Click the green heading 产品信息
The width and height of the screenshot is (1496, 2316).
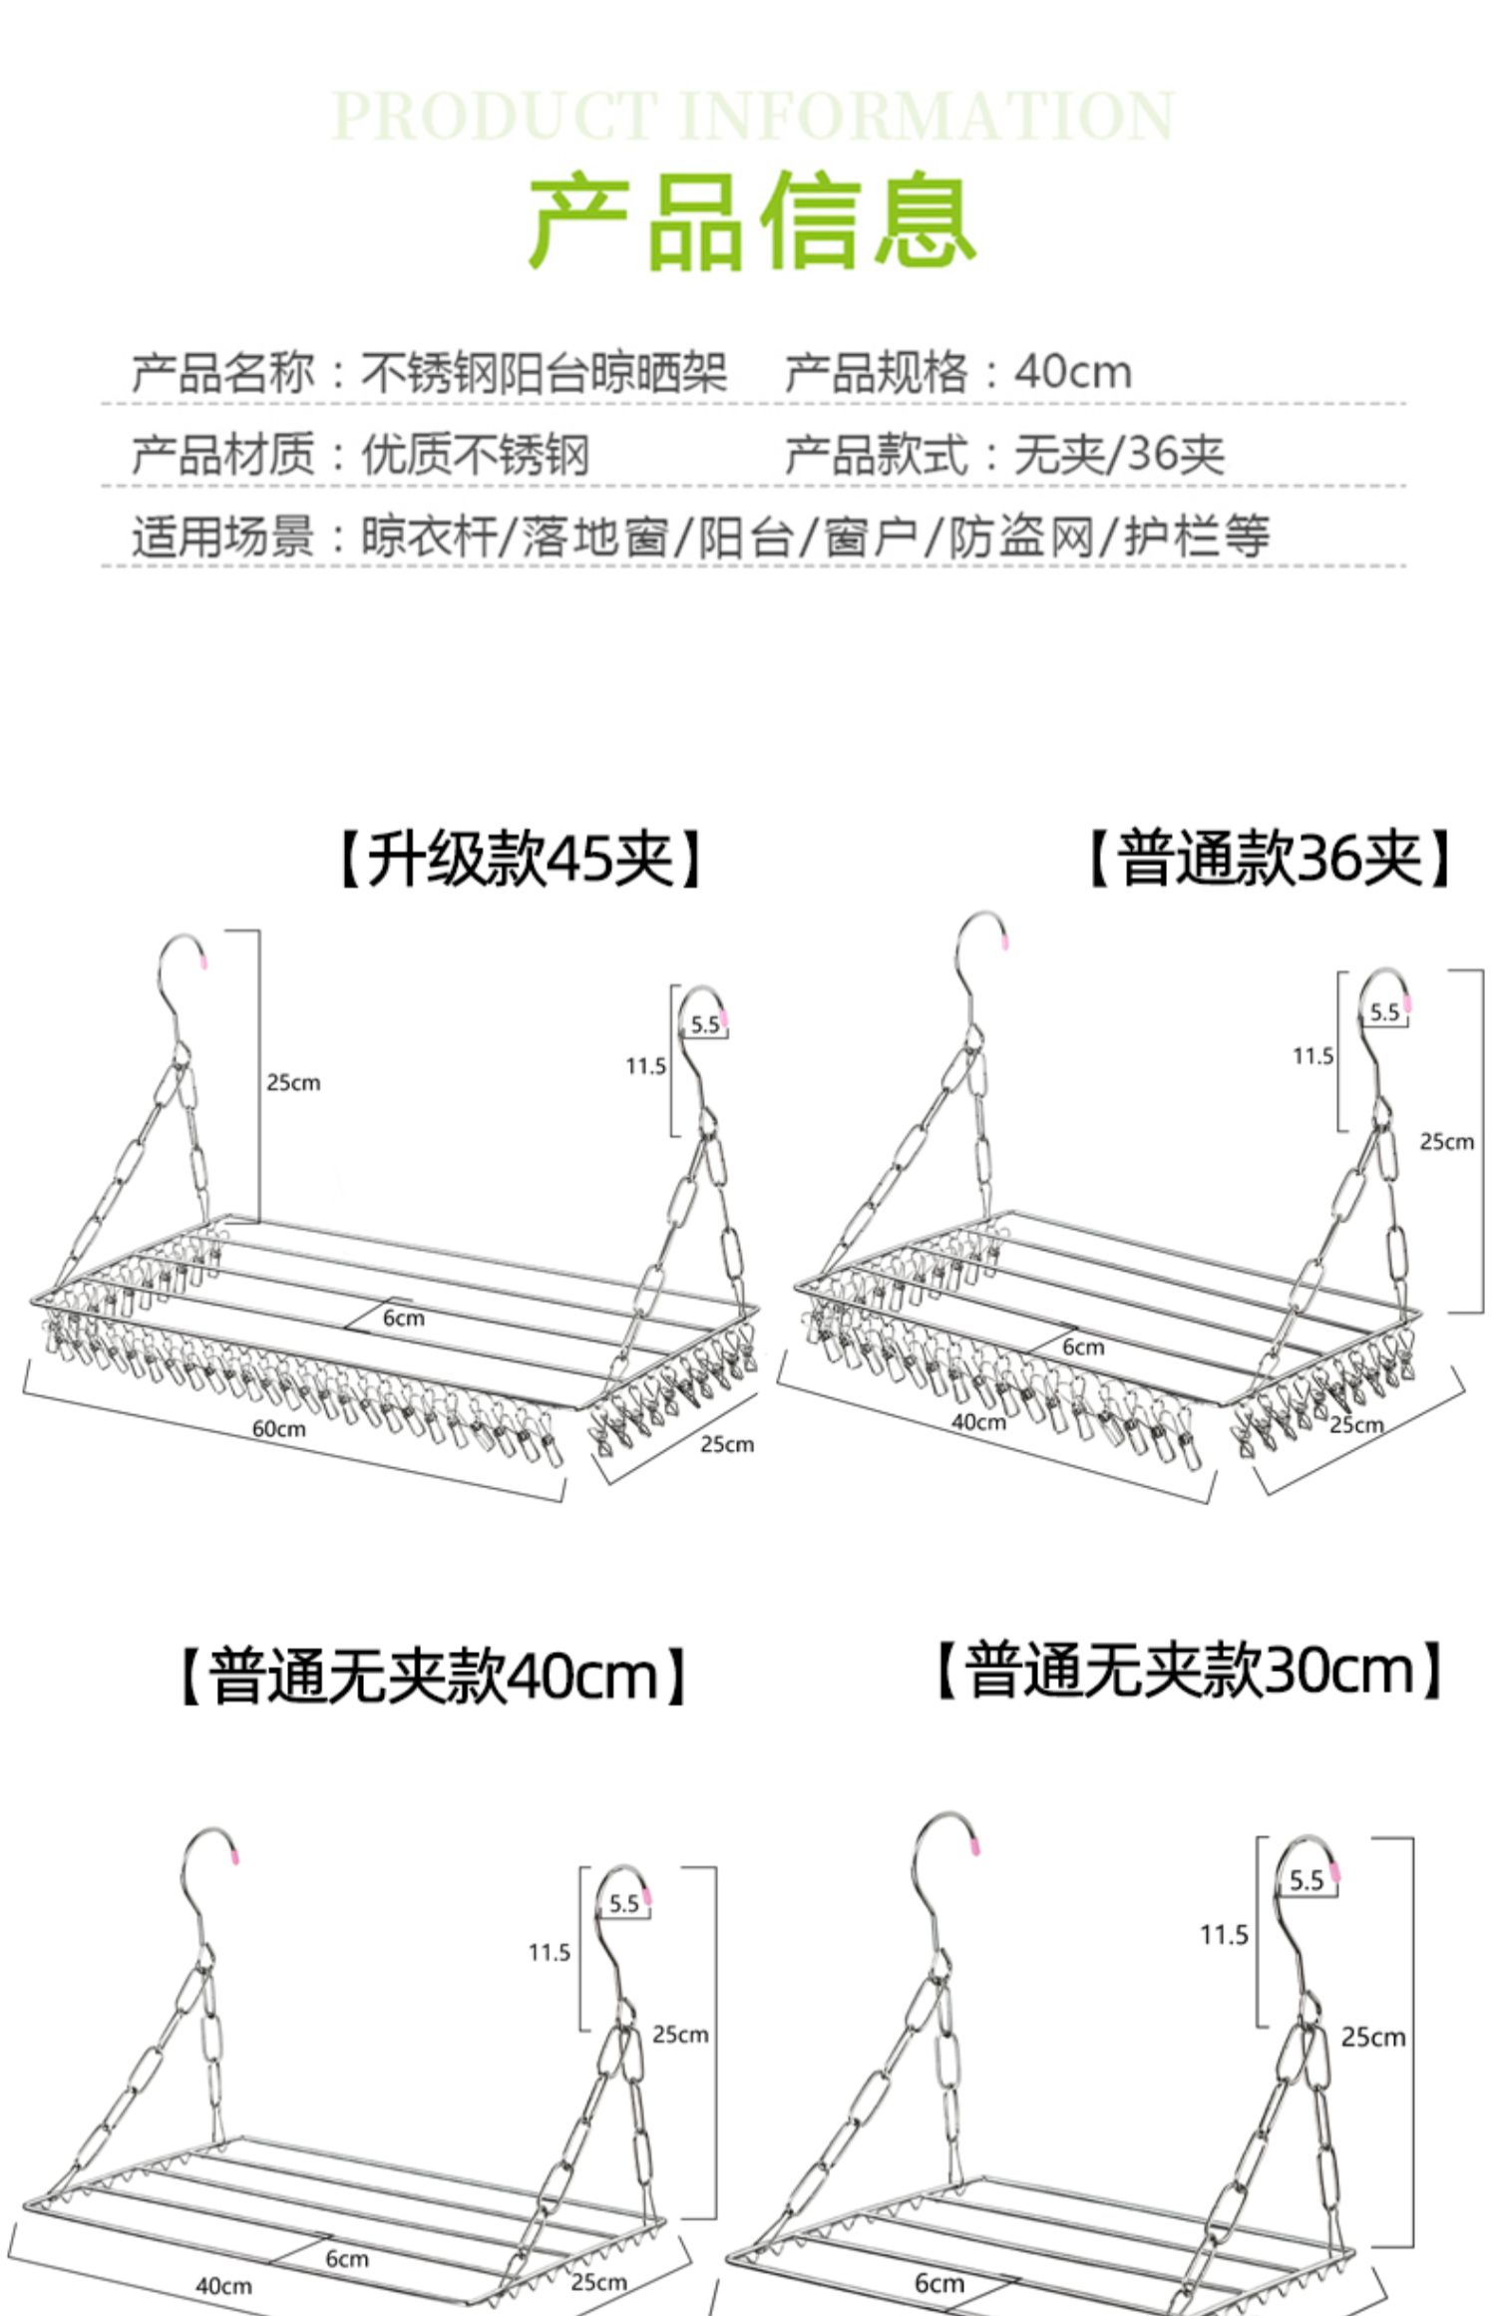tap(752, 220)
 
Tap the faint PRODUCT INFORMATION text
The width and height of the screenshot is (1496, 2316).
tap(752, 116)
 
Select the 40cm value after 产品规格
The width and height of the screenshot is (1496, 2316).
tap(1073, 372)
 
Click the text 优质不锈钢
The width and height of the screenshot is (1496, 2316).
tap(475, 455)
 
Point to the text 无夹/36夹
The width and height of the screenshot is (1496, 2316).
tap(1119, 455)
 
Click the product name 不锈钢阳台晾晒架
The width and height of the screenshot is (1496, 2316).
tap(544, 372)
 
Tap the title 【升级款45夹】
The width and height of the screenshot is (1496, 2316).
tap(520, 859)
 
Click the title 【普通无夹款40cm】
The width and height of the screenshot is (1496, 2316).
tap(433, 1675)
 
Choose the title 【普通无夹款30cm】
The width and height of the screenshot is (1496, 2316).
tap(1189, 1669)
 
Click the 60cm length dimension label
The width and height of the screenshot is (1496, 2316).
tap(278, 1428)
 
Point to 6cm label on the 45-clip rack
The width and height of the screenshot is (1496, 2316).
tap(404, 1318)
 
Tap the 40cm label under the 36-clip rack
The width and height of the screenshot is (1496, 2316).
tap(978, 1421)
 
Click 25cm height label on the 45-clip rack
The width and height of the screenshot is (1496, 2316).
tap(293, 1082)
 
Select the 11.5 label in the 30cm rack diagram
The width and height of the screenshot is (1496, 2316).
tap(1224, 1935)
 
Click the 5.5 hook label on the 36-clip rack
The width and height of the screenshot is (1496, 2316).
tap(1384, 1012)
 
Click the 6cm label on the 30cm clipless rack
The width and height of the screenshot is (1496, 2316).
tap(939, 2282)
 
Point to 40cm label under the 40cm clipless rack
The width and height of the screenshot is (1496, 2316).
tap(223, 2285)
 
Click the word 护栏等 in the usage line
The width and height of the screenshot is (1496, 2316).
tap(1198, 537)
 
